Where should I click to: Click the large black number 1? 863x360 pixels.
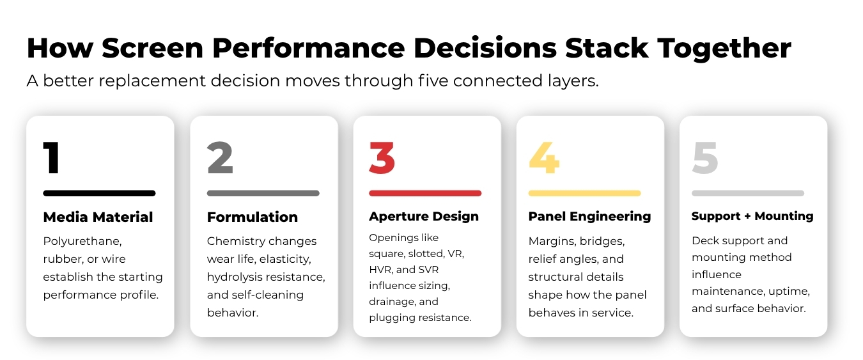tap(52, 158)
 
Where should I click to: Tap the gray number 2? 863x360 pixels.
tap(220, 158)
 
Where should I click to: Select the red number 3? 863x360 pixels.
tap(382, 158)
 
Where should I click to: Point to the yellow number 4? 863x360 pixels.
tap(543, 158)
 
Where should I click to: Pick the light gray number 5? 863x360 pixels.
tap(705, 158)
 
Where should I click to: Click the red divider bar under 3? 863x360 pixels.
tap(425, 193)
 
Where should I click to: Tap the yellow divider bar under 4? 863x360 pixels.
tap(584, 193)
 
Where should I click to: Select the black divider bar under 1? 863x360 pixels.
tap(99, 193)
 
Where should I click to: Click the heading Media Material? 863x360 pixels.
tap(98, 217)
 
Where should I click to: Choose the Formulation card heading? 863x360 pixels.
tap(253, 217)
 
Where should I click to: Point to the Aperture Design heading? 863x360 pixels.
tap(424, 217)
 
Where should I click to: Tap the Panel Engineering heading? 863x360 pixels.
tap(589, 217)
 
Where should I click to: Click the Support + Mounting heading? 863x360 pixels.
tap(752, 216)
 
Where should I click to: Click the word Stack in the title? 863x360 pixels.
tap(607, 48)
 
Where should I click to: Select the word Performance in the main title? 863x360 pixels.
tap(308, 48)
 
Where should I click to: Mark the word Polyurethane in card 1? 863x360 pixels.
tap(82, 242)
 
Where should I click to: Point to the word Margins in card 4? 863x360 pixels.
tap(552, 242)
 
